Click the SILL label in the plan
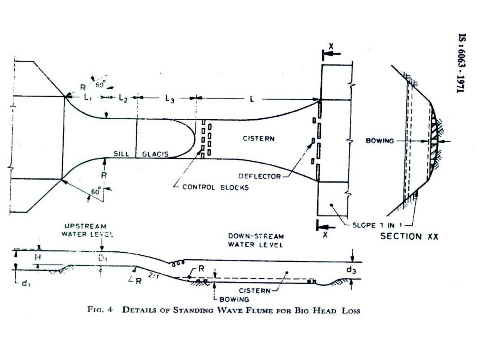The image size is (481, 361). click(121, 154)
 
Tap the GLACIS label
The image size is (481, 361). click(155, 154)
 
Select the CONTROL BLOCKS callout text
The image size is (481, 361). click(215, 187)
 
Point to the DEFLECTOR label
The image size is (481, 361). click(260, 176)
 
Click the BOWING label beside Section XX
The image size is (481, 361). click(379, 141)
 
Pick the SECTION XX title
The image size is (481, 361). click(409, 236)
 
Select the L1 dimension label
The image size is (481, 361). click(88, 98)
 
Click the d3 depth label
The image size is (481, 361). click(351, 270)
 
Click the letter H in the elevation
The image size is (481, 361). click(38, 257)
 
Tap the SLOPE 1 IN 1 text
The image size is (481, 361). click(377, 225)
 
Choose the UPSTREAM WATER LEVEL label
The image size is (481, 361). click(87, 230)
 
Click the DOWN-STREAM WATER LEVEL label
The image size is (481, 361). click(256, 240)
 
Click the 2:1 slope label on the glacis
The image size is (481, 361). click(153, 276)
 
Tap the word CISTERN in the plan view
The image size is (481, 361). click(259, 138)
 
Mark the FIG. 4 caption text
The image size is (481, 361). click(223, 310)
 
